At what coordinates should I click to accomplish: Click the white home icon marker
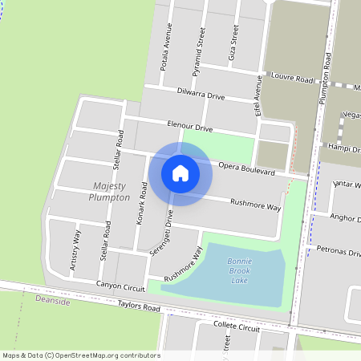tap(180, 172)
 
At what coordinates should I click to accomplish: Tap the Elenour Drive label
tap(190, 126)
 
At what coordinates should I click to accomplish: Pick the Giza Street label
tap(234, 45)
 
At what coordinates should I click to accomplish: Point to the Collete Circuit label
tap(239, 328)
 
